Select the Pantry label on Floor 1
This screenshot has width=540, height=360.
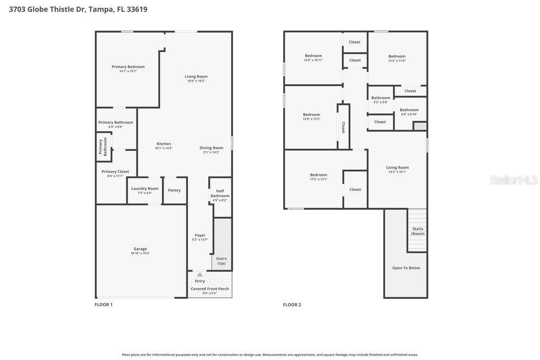[x=174, y=190]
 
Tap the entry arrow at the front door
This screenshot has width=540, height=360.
[x=200, y=275]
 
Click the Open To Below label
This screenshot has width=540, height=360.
[x=406, y=268]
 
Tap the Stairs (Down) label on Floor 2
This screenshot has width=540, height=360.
[x=418, y=231]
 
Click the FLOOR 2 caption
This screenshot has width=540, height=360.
[x=292, y=305]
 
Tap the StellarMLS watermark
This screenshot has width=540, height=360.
[x=513, y=180]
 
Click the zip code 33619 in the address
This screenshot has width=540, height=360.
[x=137, y=9]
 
